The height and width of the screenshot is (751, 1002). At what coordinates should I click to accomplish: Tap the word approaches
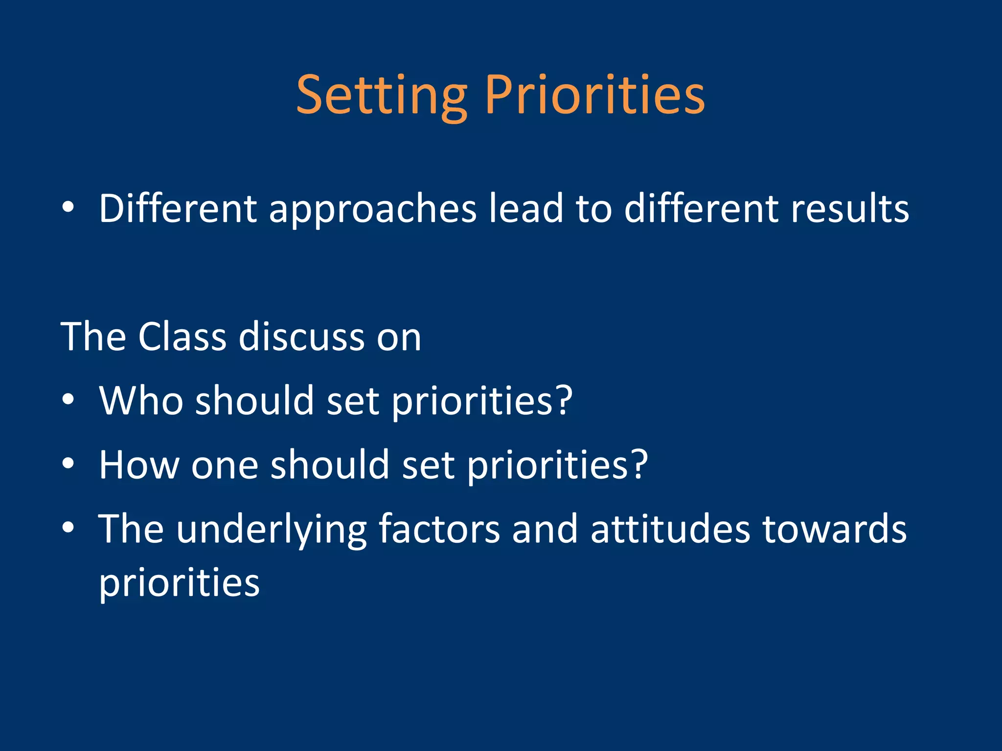[x=372, y=209]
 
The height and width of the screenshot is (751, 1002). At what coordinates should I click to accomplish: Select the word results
[x=850, y=209]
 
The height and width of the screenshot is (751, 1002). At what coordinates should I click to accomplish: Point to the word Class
[x=182, y=337]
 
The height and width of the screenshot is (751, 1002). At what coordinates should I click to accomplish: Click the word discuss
[x=301, y=337]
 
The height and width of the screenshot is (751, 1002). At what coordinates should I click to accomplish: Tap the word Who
[x=141, y=400]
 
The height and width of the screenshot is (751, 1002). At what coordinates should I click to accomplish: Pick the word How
[x=139, y=464]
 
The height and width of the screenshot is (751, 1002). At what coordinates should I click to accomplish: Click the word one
[x=225, y=465]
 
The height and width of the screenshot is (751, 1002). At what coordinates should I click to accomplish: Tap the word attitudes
[x=670, y=529]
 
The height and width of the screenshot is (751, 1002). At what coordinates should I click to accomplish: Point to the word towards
[x=835, y=529]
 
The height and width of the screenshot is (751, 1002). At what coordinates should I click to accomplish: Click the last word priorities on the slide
[x=179, y=584]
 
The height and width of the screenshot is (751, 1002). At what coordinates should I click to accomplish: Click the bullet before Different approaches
[x=68, y=208]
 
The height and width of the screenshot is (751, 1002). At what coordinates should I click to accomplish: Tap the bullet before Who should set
[x=68, y=400]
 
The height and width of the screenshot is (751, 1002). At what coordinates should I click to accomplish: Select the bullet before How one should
[x=68, y=464]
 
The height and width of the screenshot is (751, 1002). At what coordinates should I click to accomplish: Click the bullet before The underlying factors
[x=68, y=528]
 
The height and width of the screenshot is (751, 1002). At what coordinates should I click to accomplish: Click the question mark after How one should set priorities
[x=638, y=464]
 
